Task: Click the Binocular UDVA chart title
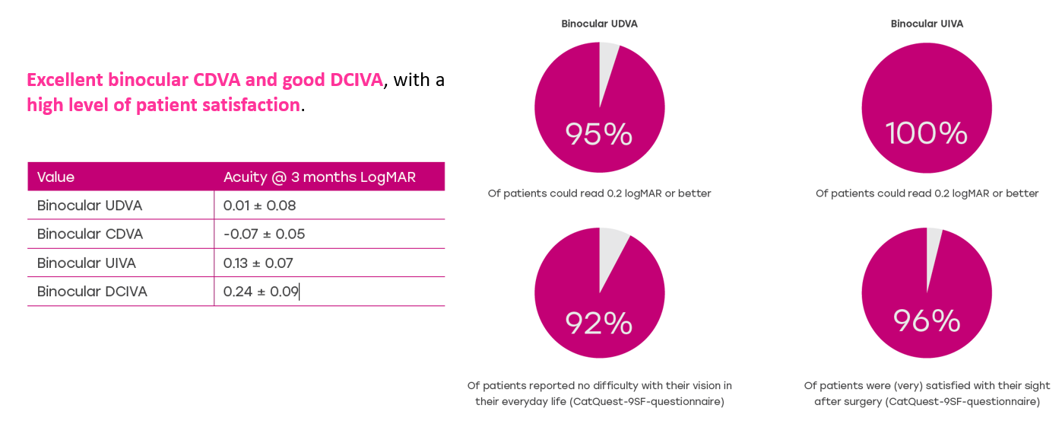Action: (x=599, y=24)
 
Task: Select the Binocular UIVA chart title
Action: (x=927, y=24)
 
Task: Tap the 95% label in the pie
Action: (x=599, y=135)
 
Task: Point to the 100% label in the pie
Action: (x=927, y=134)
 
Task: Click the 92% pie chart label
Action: (x=599, y=324)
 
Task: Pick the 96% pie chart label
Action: (x=927, y=321)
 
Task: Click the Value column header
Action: (x=56, y=177)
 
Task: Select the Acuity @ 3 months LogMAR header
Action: (x=319, y=177)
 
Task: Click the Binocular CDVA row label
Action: (x=90, y=234)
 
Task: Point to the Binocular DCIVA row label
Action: (x=92, y=292)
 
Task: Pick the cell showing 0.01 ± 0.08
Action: (x=259, y=206)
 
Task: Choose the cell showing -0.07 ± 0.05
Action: (x=264, y=234)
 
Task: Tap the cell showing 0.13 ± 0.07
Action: (x=258, y=263)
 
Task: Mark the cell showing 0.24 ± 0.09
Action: (x=261, y=292)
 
